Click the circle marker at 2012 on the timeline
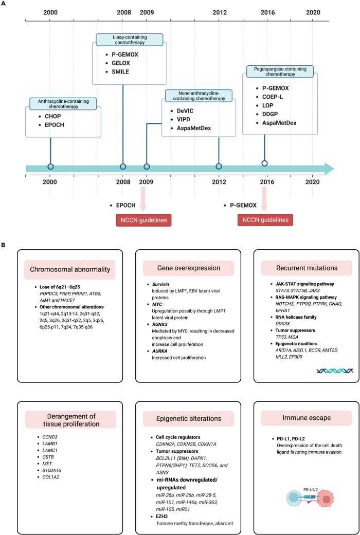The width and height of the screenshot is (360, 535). (x=219, y=167)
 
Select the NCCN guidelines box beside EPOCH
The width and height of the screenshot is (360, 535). (x=143, y=220)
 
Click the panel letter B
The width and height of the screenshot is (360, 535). (x=4, y=245)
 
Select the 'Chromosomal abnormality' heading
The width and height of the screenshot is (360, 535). (x=69, y=270)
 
